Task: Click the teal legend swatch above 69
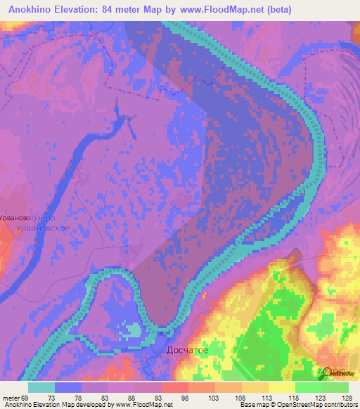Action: (41, 387)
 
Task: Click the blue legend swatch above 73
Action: (68, 387)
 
